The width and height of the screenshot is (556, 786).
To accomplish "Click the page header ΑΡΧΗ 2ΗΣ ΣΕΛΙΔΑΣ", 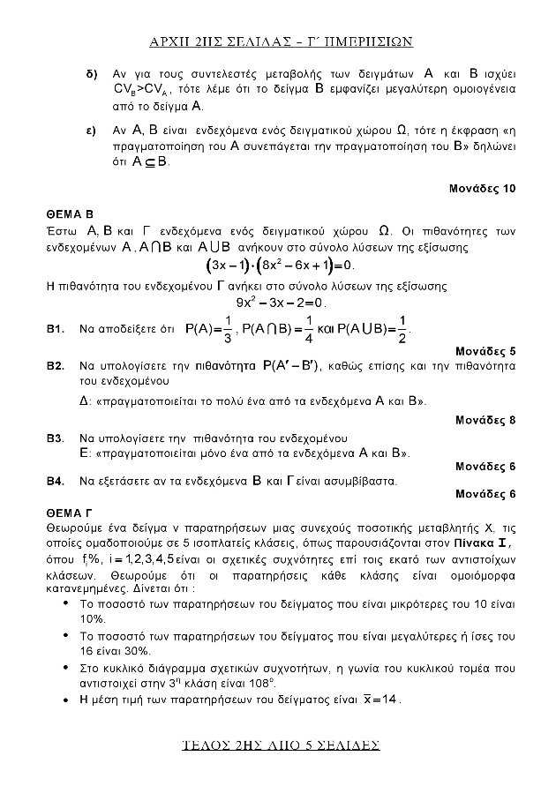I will point(278,41).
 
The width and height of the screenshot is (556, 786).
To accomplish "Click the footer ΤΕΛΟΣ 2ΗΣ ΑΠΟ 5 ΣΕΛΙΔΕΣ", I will point(278,745).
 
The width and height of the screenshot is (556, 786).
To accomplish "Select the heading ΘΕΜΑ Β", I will point(70,214).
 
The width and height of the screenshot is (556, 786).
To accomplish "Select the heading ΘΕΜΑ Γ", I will point(69,511).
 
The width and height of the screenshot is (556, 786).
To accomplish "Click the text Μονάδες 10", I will point(482,189).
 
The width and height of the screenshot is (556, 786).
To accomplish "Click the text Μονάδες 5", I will point(485,351).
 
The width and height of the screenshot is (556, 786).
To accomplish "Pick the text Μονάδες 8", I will point(485,419).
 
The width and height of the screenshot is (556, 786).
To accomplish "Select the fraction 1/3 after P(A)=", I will point(228,328).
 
